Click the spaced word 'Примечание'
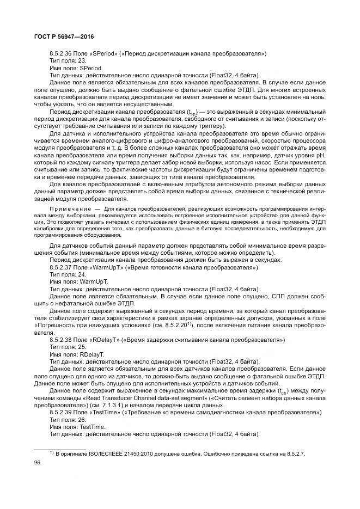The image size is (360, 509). click(x=70, y=209)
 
